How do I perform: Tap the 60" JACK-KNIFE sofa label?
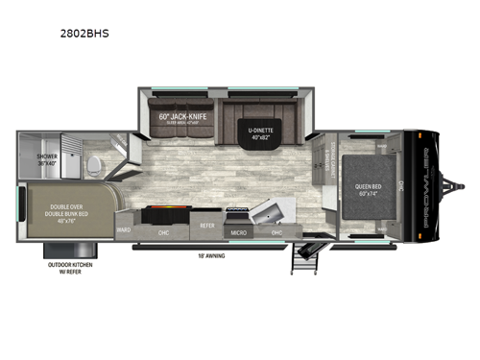(x=180, y=118)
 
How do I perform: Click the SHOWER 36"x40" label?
(x=47, y=160)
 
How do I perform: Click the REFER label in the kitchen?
(x=207, y=225)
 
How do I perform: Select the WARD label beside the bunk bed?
(x=124, y=229)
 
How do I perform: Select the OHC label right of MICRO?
(x=276, y=232)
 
